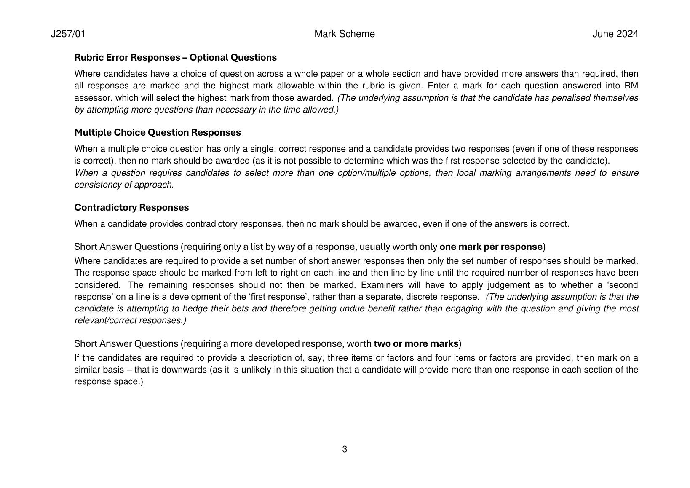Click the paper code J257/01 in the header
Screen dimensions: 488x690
click(68, 34)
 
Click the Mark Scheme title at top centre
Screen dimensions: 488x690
click(344, 34)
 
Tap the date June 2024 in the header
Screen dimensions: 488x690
click(615, 34)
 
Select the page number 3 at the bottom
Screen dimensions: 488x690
click(345, 450)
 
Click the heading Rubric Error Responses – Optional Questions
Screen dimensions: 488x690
click(175, 58)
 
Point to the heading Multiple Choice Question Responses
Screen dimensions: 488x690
click(158, 133)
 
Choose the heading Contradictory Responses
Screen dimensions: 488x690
click(131, 208)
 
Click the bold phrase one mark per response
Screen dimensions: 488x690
click(491, 247)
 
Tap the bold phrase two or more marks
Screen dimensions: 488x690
click(416, 344)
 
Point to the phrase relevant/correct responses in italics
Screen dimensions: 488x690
click(130, 321)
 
